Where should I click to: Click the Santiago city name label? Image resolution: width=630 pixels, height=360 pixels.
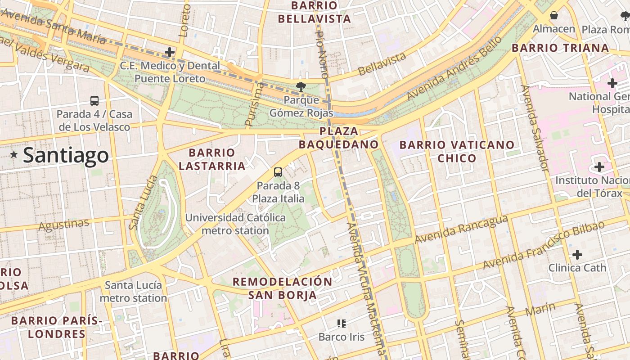[x=66, y=155]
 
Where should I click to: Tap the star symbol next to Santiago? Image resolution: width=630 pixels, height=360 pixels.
[x=14, y=155]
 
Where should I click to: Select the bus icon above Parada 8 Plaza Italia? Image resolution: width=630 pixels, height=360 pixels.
[x=278, y=172]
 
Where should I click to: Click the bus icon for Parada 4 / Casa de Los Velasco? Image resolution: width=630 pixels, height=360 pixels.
[x=94, y=101]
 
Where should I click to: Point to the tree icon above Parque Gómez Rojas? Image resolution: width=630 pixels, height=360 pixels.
[x=301, y=86]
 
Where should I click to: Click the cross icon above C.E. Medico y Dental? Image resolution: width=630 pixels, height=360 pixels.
[x=170, y=52]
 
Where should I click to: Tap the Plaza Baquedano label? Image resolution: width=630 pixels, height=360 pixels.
[x=339, y=138]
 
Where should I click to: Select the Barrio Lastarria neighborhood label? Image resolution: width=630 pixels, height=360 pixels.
[x=212, y=159]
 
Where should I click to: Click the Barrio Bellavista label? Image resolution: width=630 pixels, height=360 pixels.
[x=314, y=12]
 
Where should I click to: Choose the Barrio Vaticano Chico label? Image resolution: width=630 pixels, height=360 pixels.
[x=457, y=151]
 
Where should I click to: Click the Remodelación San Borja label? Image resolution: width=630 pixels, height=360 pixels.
[x=282, y=288]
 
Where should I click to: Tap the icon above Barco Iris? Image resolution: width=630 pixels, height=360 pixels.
[x=341, y=323]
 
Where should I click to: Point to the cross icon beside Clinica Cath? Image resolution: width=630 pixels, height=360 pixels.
[x=577, y=255]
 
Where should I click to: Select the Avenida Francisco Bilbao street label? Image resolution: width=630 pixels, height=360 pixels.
[x=544, y=245]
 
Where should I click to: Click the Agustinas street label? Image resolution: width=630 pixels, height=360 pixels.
[x=64, y=224]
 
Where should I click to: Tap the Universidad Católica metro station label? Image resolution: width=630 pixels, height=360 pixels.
[x=235, y=224]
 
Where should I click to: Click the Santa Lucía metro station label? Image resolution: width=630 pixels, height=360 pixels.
[x=133, y=292]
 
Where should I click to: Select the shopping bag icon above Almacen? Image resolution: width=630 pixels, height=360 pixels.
[x=554, y=15]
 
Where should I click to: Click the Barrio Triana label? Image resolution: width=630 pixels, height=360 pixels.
[x=561, y=48]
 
